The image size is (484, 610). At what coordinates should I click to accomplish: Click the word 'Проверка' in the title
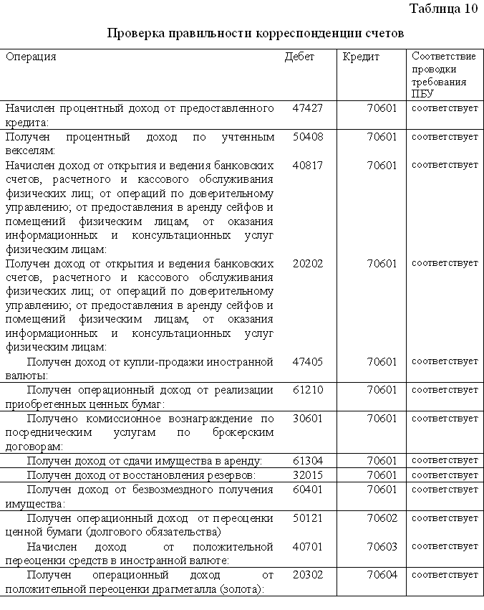pos(136,34)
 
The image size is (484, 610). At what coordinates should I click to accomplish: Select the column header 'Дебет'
pos(299,57)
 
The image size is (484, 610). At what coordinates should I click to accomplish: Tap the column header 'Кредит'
pos(361,57)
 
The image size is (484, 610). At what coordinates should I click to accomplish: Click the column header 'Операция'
pos(31,57)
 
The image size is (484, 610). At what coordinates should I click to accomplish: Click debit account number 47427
pos(308,108)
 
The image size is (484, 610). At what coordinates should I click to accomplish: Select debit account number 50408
pos(308,137)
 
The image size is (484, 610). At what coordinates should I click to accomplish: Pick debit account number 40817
pos(308,165)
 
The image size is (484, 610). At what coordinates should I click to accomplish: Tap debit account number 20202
pos(308,263)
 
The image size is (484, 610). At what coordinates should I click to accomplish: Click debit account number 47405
pos(308,362)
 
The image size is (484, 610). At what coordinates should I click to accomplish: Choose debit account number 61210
pos(308,390)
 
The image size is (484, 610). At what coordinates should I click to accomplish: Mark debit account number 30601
pos(308,418)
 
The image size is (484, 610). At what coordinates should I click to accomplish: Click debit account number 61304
pos(308,460)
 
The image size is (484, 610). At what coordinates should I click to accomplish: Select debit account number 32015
pos(308,475)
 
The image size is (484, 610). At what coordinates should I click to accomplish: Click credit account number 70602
pos(382,518)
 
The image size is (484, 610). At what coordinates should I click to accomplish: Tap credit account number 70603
pos(382,546)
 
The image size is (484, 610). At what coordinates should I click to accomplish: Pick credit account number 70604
pos(382,574)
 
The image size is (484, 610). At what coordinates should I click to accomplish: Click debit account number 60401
pos(308,489)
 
